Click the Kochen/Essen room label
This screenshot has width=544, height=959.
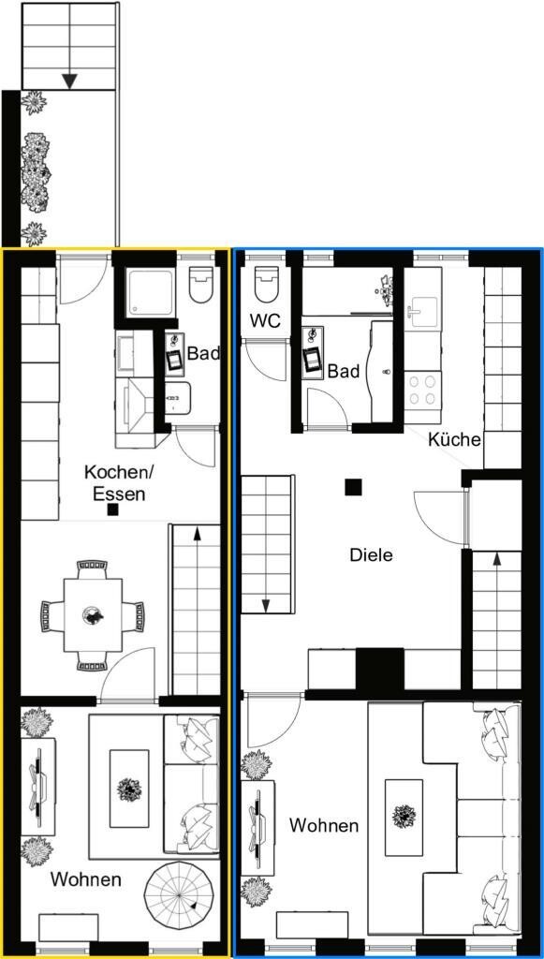[119, 482]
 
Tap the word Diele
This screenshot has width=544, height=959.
[371, 555]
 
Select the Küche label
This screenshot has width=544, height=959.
[455, 439]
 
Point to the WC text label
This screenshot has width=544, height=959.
[265, 320]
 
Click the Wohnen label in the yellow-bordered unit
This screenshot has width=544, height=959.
[85, 880]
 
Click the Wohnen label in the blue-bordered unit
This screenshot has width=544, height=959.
[324, 825]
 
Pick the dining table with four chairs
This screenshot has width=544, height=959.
[93, 614]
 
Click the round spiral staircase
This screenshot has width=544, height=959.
[179, 896]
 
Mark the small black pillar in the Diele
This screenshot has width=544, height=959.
[353, 487]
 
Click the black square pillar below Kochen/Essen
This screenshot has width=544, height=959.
[112, 509]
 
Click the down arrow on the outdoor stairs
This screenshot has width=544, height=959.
[70, 81]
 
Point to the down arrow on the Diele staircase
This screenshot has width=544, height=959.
[266, 605]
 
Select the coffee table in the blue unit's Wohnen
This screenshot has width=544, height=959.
[404, 817]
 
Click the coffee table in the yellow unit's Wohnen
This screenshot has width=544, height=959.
[129, 789]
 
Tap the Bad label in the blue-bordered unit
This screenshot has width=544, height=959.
[344, 371]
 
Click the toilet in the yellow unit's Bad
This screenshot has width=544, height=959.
[200, 284]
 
